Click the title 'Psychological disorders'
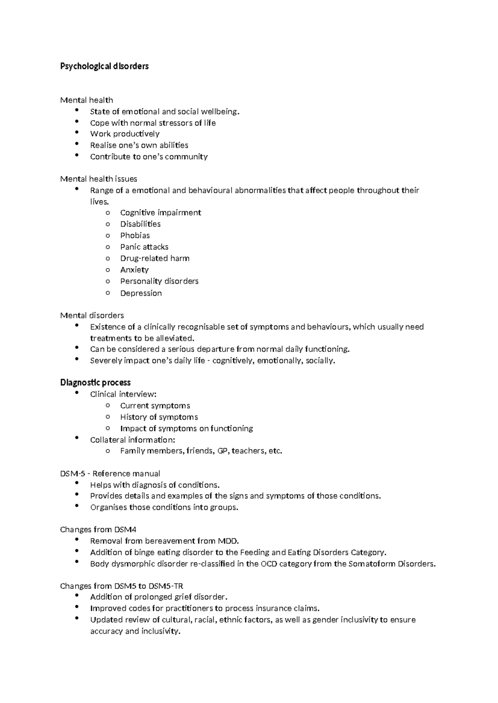[x=104, y=66]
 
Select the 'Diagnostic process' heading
[x=95, y=382]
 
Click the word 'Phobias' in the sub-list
[x=135, y=235]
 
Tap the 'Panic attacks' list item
[x=144, y=247]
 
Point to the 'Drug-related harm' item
[x=154, y=258]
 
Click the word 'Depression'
[x=141, y=293]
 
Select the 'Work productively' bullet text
[x=124, y=134]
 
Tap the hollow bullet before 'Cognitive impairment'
[x=108, y=213]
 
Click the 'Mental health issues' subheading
[x=98, y=179]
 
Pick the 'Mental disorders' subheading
[x=92, y=315]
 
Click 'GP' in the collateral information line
[x=222, y=451]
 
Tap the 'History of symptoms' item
[x=159, y=417]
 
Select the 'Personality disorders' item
[x=159, y=281]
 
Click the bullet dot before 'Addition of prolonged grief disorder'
[x=77, y=596]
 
